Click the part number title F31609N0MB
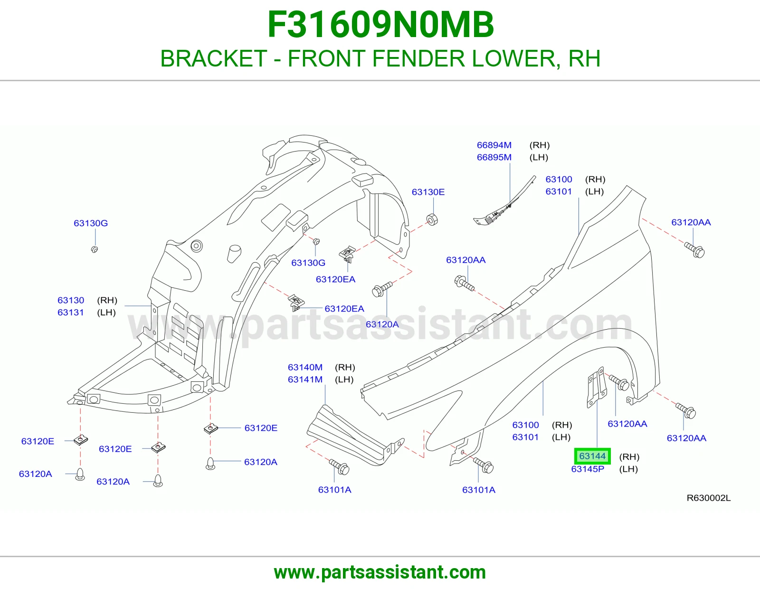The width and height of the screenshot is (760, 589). click(x=380, y=25)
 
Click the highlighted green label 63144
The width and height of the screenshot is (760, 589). click(x=592, y=456)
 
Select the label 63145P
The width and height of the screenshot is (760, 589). click(x=588, y=469)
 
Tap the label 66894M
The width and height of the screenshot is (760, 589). click(x=494, y=145)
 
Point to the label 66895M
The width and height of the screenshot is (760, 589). click(x=494, y=157)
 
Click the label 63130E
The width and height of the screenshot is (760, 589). click(x=428, y=192)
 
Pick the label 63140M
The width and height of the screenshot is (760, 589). click(x=305, y=367)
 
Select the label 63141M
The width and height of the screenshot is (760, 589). click(x=305, y=380)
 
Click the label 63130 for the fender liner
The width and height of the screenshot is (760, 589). click(x=71, y=300)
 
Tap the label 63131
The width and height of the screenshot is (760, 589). click(x=71, y=313)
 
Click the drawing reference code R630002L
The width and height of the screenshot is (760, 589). click(x=709, y=498)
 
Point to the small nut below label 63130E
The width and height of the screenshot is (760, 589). click(x=432, y=219)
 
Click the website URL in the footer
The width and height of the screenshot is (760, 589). click(x=380, y=572)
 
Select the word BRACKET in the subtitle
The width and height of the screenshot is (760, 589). click(x=214, y=58)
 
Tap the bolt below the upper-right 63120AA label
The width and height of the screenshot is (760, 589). click(x=694, y=250)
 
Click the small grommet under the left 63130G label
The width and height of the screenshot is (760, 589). click(x=95, y=249)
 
